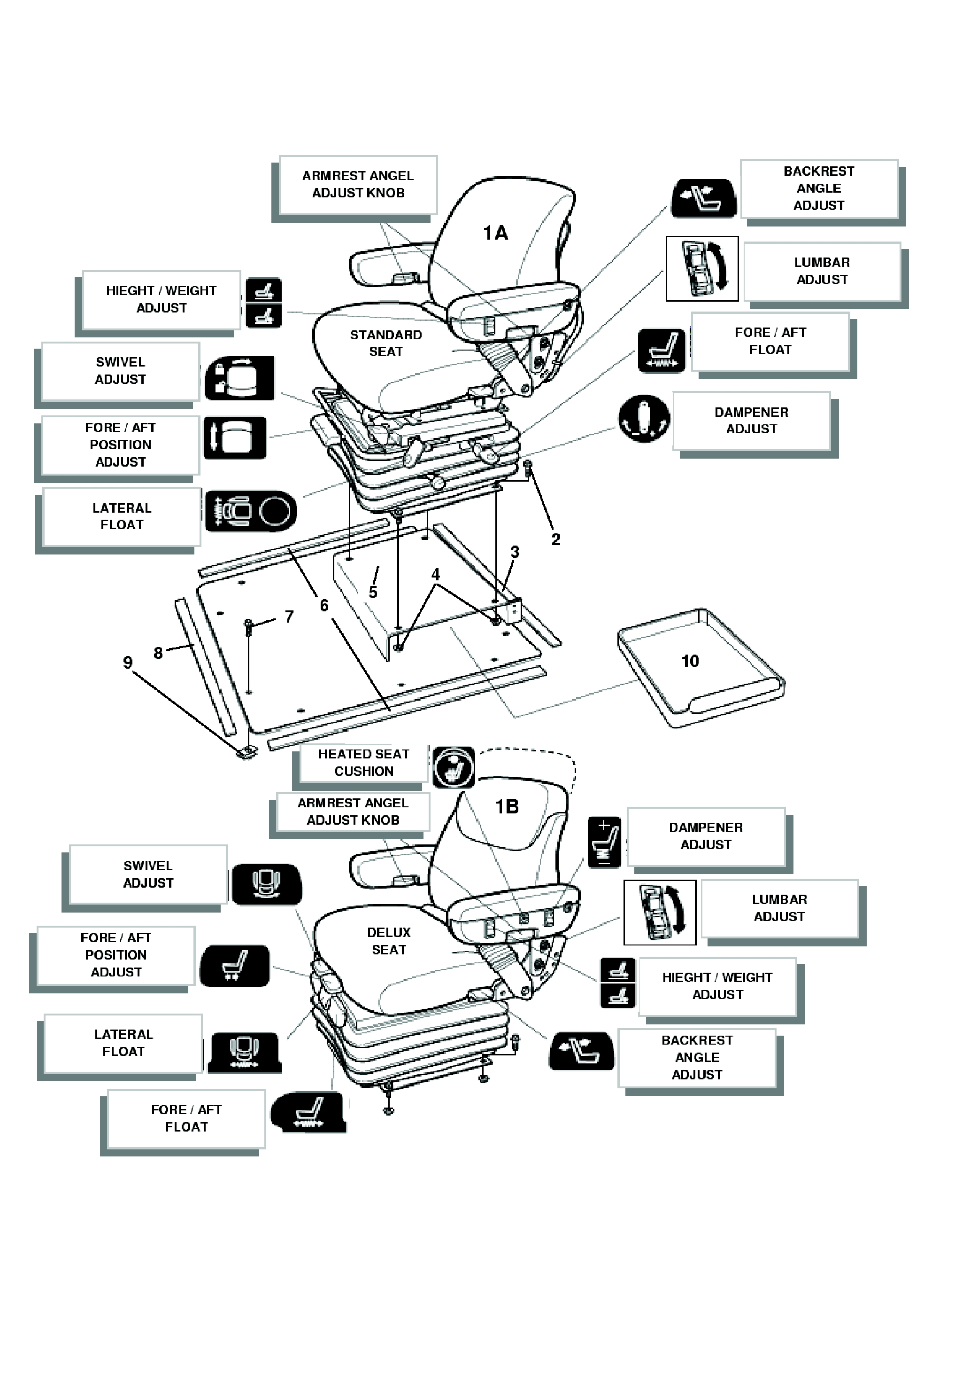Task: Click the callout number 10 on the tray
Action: (x=690, y=661)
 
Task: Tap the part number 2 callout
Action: (x=555, y=540)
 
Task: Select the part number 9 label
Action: (x=127, y=663)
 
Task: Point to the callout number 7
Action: (x=289, y=617)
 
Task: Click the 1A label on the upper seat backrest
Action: (x=495, y=233)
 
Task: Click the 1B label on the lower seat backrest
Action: (x=507, y=807)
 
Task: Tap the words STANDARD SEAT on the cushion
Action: (x=386, y=343)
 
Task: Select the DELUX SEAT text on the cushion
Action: (x=389, y=941)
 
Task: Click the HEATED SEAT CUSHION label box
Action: (x=363, y=763)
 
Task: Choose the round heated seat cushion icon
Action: (x=454, y=767)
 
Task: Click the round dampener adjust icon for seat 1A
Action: (x=644, y=418)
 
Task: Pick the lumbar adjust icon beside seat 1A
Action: (x=702, y=269)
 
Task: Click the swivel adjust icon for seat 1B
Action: (x=267, y=884)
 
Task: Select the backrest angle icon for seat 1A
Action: (x=703, y=198)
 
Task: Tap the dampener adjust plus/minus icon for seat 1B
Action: (x=604, y=842)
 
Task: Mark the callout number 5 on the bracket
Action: (x=373, y=593)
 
